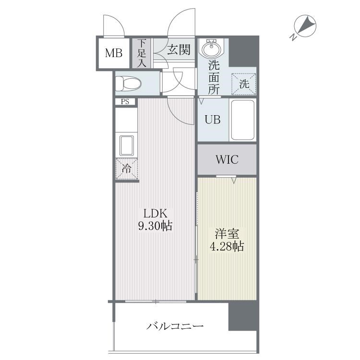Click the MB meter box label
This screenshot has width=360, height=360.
coord(114,53)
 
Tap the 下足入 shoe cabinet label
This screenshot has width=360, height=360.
coord(142,53)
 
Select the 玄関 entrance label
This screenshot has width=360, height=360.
coord(179,49)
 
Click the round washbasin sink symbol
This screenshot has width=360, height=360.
coord(211,48)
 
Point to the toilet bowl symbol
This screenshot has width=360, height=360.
coord(128,84)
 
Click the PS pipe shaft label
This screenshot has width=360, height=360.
coord(125,102)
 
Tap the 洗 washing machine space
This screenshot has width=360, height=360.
coord(244,84)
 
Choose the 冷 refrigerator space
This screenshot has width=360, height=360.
coord(127,169)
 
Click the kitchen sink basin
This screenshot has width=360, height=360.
coord(126,145)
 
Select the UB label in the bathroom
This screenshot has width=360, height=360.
coord(213,120)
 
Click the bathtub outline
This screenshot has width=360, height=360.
coord(243,120)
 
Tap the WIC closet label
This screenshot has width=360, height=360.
coord(227,159)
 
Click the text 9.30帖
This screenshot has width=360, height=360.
coord(156,226)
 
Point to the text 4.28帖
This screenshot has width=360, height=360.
coord(227,246)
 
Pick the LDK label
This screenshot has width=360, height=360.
coord(155,214)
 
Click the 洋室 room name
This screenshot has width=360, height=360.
coord(227,234)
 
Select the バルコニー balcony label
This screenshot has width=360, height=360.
coord(175,326)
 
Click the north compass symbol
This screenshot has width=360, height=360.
coord(305,25)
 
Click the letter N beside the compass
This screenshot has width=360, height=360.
coord(293,37)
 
